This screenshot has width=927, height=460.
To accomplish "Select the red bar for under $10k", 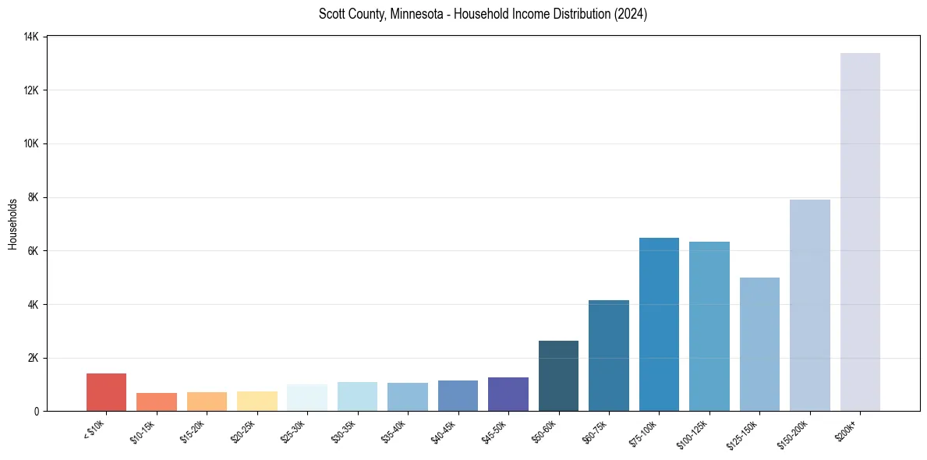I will tap(106, 392).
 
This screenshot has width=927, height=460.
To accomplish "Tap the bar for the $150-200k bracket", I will tap(809, 305).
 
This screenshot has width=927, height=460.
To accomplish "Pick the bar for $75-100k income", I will tap(659, 324).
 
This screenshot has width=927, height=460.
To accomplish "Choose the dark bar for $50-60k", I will tap(558, 376).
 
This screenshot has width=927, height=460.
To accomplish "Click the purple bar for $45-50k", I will tap(508, 394).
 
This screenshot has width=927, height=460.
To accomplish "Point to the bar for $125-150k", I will tap(759, 344).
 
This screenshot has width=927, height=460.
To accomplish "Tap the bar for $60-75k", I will tap(609, 356).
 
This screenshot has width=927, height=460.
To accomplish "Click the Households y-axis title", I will tap(12, 224).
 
